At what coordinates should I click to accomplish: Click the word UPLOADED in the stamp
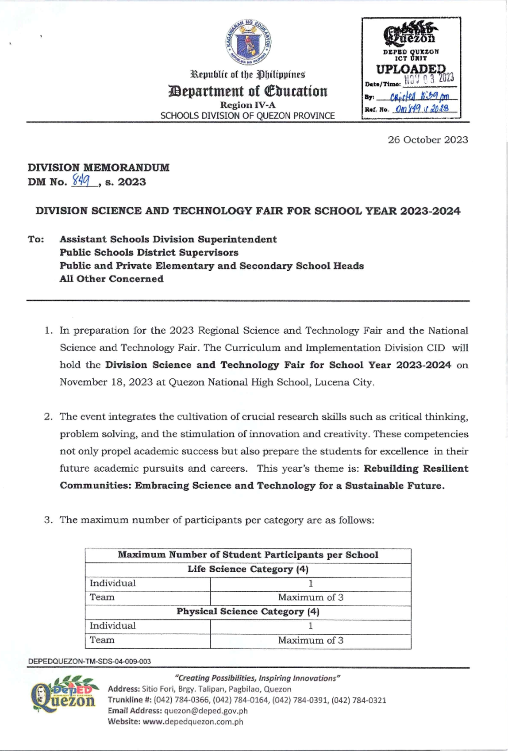pos(411,69)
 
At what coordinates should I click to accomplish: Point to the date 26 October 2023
pos(427,140)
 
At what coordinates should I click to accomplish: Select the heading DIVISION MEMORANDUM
pos(98,168)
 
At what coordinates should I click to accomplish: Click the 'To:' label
pos(36,239)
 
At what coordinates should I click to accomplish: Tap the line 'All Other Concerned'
pos(112,279)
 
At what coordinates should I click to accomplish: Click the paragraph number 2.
pos(48,417)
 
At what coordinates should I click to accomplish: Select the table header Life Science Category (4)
pos(248,569)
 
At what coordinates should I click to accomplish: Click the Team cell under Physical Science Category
pos(102,640)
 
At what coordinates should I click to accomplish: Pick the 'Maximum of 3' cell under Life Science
pos(310,597)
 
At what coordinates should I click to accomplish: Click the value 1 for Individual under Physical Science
pos(310,626)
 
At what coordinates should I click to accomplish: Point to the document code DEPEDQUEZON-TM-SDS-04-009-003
pos(89,662)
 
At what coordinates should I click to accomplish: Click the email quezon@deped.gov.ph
pos(206,711)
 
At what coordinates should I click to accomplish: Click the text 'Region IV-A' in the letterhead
pos(248,105)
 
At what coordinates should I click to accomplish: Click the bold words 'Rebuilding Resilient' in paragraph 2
pos(416,469)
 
